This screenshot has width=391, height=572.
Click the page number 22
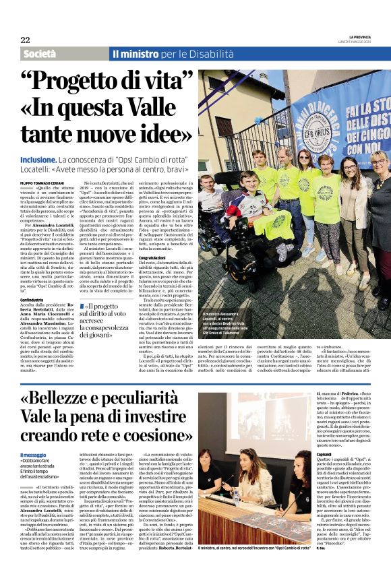click(x=25, y=40)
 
